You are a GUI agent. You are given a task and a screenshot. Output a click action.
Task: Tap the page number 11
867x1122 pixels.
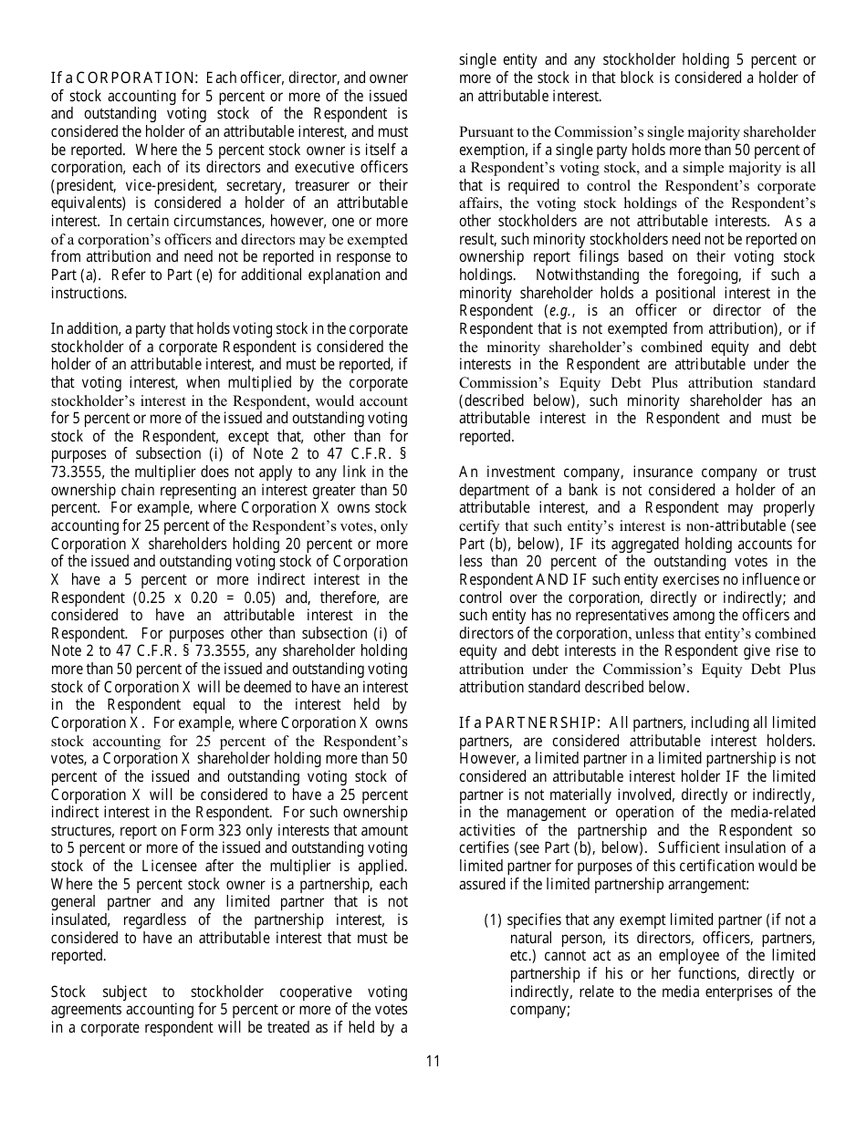click(433, 1061)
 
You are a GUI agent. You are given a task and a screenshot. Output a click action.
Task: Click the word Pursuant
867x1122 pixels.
click(488, 132)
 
